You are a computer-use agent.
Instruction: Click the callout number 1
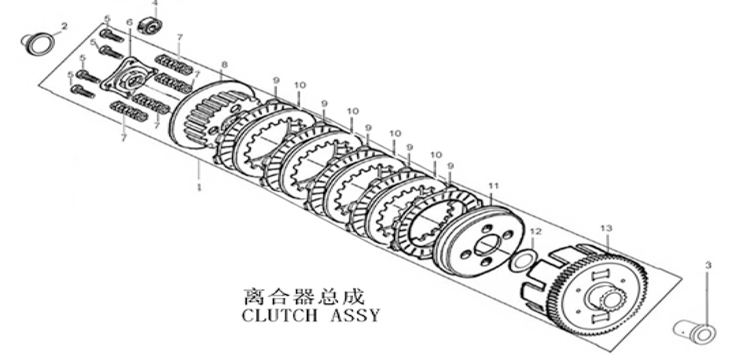coord(200,189)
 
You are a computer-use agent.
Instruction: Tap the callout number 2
coord(64,26)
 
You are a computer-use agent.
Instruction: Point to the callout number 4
coord(155,3)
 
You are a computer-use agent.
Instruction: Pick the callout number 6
coord(130,22)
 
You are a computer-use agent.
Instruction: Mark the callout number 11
coord(494,186)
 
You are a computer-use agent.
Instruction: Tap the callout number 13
coord(605,228)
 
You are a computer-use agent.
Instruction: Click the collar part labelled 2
coord(40,45)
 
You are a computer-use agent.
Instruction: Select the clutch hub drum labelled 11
coord(480,240)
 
